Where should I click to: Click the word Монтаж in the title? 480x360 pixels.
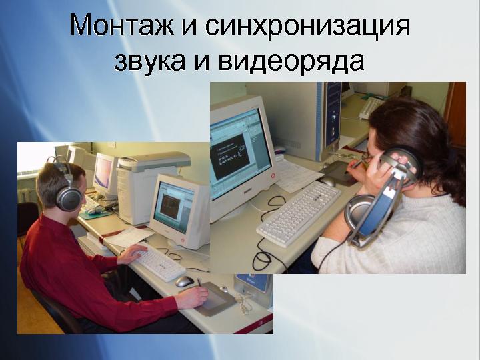click(x=122, y=25)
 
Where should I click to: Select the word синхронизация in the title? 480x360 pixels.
click(x=307, y=26)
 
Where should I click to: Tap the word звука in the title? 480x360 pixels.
click(x=150, y=61)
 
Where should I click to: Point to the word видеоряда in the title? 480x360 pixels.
click(x=291, y=61)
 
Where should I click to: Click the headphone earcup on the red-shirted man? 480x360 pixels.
click(x=68, y=198)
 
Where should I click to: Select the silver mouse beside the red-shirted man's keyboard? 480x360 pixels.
click(x=184, y=281)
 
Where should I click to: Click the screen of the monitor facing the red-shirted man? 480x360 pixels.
click(x=173, y=207)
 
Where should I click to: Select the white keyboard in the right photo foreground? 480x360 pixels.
click(x=299, y=214)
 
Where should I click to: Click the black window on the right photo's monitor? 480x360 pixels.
click(x=230, y=157)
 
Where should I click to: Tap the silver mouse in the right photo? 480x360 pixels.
click(x=328, y=181)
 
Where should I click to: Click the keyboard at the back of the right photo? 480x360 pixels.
click(x=370, y=108)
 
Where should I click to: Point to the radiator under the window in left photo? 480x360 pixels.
click(x=27, y=195)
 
